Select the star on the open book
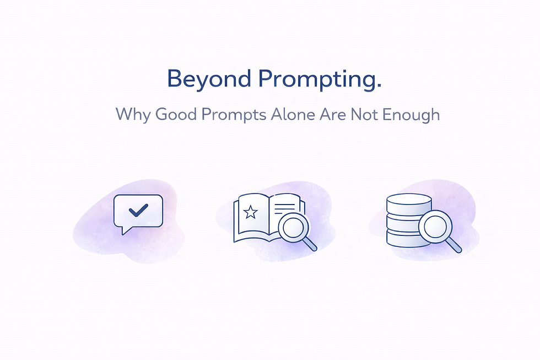251,211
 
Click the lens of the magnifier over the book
293,227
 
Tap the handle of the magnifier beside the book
311,244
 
